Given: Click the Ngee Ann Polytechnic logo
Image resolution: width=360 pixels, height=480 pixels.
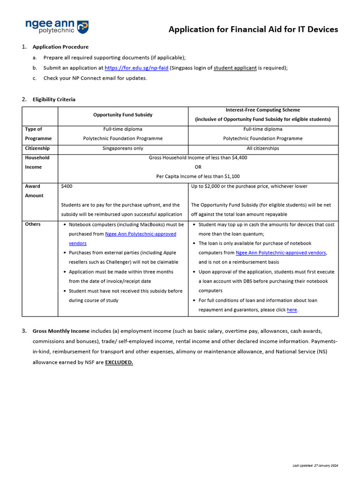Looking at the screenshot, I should [56, 27].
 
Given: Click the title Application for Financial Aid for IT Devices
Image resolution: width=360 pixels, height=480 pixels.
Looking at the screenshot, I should [253, 30].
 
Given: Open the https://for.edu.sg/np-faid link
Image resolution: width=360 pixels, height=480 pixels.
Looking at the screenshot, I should [136, 68].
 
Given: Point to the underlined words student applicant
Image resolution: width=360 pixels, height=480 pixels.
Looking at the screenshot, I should [235, 68].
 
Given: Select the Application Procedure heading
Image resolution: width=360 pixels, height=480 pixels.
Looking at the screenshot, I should [60, 47].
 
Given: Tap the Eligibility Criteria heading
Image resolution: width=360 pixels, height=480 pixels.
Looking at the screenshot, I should [54, 99].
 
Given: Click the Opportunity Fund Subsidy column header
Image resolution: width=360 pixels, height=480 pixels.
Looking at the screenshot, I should [123, 115].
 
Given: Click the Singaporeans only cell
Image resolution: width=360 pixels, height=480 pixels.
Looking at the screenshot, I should [123, 148].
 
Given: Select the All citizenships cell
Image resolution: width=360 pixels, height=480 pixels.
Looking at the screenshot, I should [262, 148].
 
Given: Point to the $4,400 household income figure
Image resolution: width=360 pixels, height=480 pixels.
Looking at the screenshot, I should [240, 158].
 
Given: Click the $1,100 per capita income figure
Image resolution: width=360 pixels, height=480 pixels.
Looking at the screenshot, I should [232, 177].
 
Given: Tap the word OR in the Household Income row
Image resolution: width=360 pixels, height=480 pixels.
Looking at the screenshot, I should [198, 167].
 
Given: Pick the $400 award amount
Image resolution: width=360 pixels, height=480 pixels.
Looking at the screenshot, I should [67, 186].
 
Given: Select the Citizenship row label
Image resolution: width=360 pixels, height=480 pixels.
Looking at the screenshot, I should [37, 148].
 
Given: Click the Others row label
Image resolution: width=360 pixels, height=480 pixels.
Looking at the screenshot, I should [33, 224].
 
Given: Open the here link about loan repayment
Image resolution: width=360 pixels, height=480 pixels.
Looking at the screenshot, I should [292, 310].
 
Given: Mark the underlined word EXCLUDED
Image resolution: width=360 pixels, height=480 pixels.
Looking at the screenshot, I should [119, 362].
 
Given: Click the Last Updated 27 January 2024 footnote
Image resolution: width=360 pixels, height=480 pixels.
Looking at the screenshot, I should [315, 465].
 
